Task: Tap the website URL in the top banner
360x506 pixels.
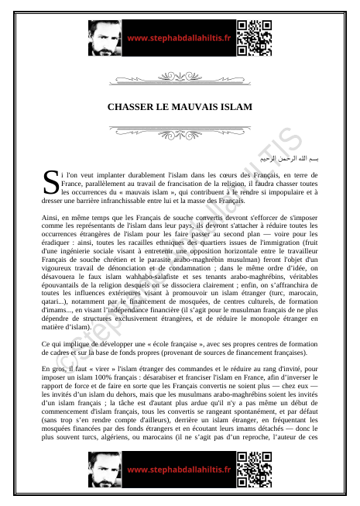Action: pyautogui.click(x=179, y=37)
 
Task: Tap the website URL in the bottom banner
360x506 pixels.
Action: pyautogui.click(x=179, y=469)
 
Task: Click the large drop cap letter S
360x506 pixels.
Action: pyautogui.click(x=50, y=183)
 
